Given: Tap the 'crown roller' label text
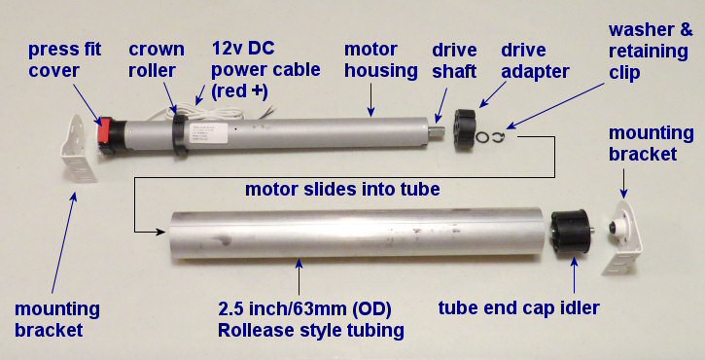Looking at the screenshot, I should coord(157,59).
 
